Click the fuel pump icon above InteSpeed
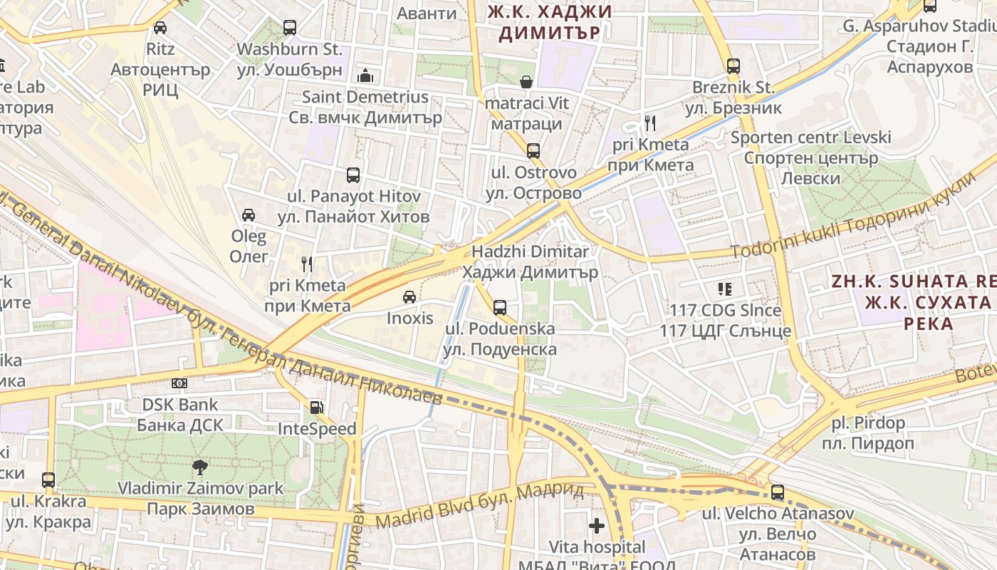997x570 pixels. point(316,408)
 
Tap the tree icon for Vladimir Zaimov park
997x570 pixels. point(200,467)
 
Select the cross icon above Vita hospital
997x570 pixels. point(597,527)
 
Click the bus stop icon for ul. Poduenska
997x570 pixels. point(500,308)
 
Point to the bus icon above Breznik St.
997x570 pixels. point(734,66)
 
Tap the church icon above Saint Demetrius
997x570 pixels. point(365,76)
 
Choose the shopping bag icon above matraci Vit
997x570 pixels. point(526,82)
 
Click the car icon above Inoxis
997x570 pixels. point(410,296)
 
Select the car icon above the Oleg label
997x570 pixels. point(249,214)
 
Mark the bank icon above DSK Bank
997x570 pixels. point(179,383)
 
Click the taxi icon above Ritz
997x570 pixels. point(160,28)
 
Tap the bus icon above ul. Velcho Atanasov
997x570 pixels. point(778,492)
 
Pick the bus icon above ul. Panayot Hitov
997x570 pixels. point(353,175)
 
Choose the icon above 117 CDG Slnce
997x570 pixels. point(725,289)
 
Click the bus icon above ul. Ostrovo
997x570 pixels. point(533,151)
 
